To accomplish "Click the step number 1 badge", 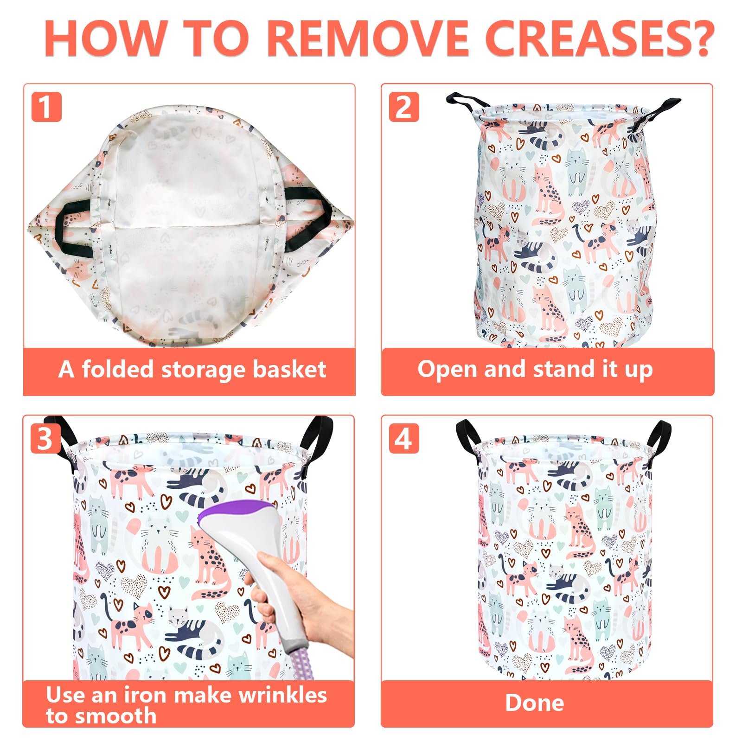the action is click(x=46, y=107).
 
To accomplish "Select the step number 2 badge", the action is click(x=403, y=107).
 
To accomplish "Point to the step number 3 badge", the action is click(x=45, y=438).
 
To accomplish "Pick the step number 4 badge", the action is click(x=403, y=438).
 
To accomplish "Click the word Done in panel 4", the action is click(x=535, y=703).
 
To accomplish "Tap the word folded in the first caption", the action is click(x=119, y=369).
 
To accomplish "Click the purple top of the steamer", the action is click(x=231, y=512).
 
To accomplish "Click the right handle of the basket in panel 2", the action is click(x=656, y=116).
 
